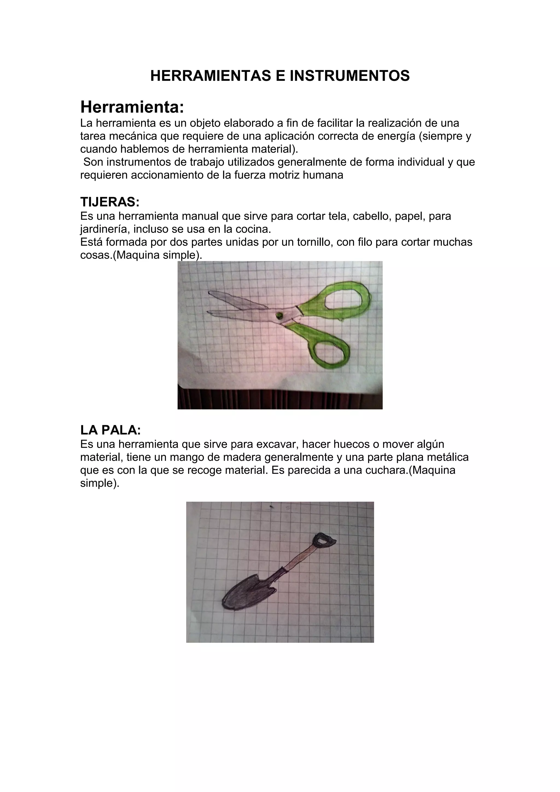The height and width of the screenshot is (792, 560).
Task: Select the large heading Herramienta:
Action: [x=132, y=107]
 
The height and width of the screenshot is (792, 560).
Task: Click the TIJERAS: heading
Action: [x=110, y=202]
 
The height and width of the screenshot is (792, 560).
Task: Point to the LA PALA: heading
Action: [x=110, y=430]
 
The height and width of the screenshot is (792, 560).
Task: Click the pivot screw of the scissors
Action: [x=279, y=315]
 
